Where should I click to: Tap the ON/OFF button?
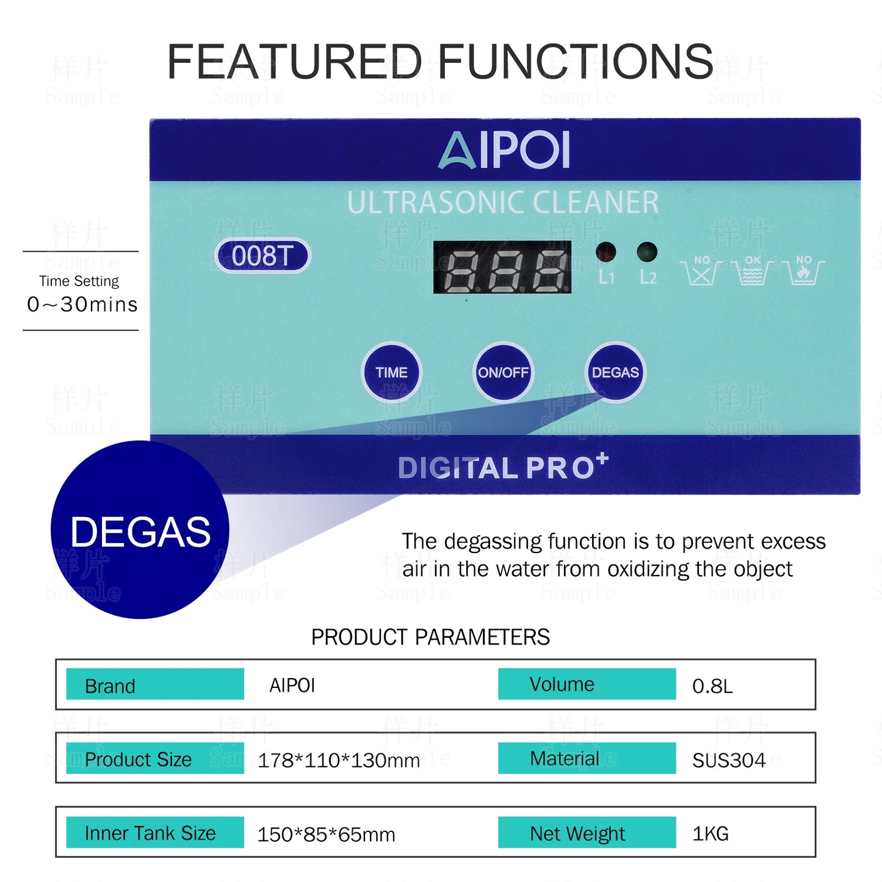click(503, 372)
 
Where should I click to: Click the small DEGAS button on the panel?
click(615, 372)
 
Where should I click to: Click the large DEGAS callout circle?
click(140, 530)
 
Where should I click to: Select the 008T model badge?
click(263, 256)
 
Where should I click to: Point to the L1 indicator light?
click(605, 251)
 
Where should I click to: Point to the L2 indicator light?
click(647, 251)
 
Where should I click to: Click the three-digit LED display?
click(502, 267)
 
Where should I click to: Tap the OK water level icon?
click(753, 271)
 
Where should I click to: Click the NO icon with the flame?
click(804, 271)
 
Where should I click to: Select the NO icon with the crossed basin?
click(701, 271)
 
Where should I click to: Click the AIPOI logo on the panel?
click(505, 150)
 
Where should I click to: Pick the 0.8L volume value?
click(712, 686)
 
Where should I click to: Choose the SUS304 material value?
click(729, 760)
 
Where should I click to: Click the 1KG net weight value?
click(710, 834)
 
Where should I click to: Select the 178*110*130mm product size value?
click(339, 761)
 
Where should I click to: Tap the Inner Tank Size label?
click(150, 833)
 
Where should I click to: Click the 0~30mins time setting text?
click(82, 304)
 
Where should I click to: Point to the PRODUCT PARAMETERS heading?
click(430, 637)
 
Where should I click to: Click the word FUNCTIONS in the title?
click(575, 62)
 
